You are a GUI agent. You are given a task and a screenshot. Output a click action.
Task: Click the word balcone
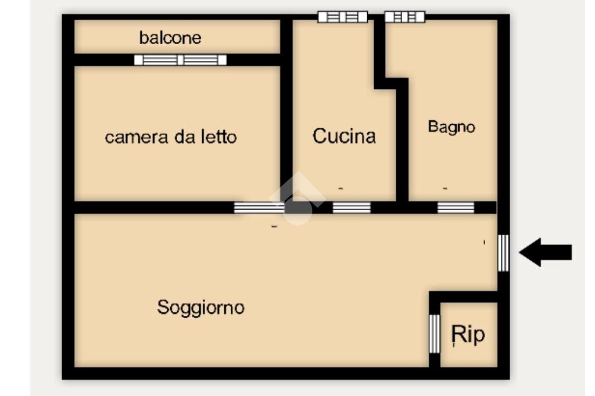[x=170, y=38]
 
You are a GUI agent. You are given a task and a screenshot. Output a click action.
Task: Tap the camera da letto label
[x=170, y=138]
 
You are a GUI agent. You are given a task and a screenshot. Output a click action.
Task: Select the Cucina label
[x=344, y=136]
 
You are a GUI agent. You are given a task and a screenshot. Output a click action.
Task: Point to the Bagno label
[x=451, y=127]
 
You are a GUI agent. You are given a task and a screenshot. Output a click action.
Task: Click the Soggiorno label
[x=200, y=307]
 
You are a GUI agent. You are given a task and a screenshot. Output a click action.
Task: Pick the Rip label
[x=468, y=334]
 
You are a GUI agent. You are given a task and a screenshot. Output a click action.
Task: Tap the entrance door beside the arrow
[x=503, y=253]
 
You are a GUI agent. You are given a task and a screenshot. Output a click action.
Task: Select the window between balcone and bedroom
[x=180, y=60]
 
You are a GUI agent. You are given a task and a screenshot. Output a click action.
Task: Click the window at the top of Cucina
[x=342, y=17]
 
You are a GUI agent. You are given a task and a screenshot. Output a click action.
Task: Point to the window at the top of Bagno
[x=404, y=17]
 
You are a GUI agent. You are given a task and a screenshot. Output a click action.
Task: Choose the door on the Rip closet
[x=434, y=333]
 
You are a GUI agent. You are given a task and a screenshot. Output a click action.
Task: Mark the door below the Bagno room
[x=456, y=207]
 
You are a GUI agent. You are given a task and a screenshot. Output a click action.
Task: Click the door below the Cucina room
[x=352, y=207]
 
